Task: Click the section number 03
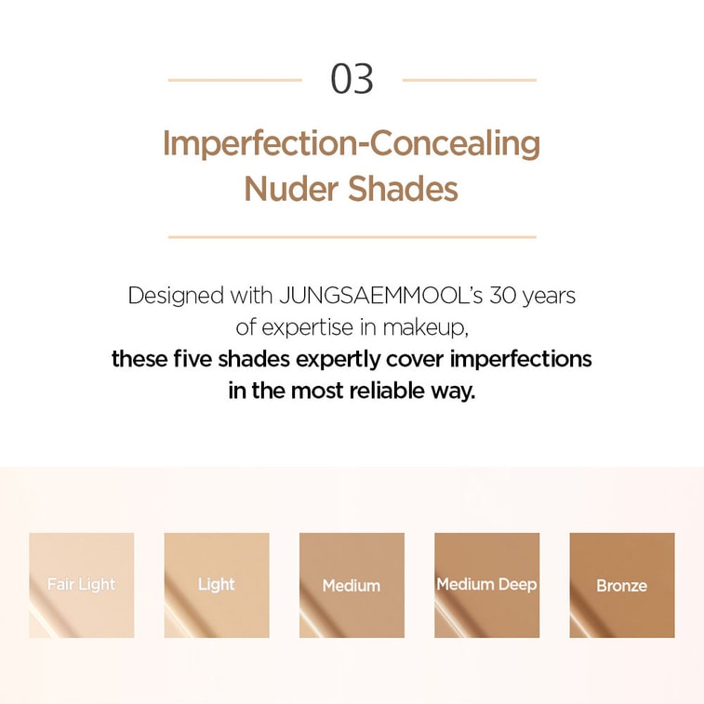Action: pos(352,79)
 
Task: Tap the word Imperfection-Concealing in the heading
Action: pos(352,144)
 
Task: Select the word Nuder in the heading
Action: pos(291,189)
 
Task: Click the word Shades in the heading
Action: pos(403,189)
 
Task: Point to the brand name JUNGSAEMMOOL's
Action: pos(380,296)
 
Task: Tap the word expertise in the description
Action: pos(308,328)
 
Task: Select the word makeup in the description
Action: pos(425,328)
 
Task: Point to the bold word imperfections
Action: pos(521,360)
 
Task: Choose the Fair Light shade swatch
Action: pos(82,585)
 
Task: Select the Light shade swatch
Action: pos(217,585)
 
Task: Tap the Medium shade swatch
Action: pos(352,585)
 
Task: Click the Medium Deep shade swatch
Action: pos(487,585)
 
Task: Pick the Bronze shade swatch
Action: pos(622,585)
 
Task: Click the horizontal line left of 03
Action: pos(234,80)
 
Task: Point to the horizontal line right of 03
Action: pos(470,80)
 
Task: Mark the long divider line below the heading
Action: pos(352,236)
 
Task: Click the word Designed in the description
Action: pos(176,297)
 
